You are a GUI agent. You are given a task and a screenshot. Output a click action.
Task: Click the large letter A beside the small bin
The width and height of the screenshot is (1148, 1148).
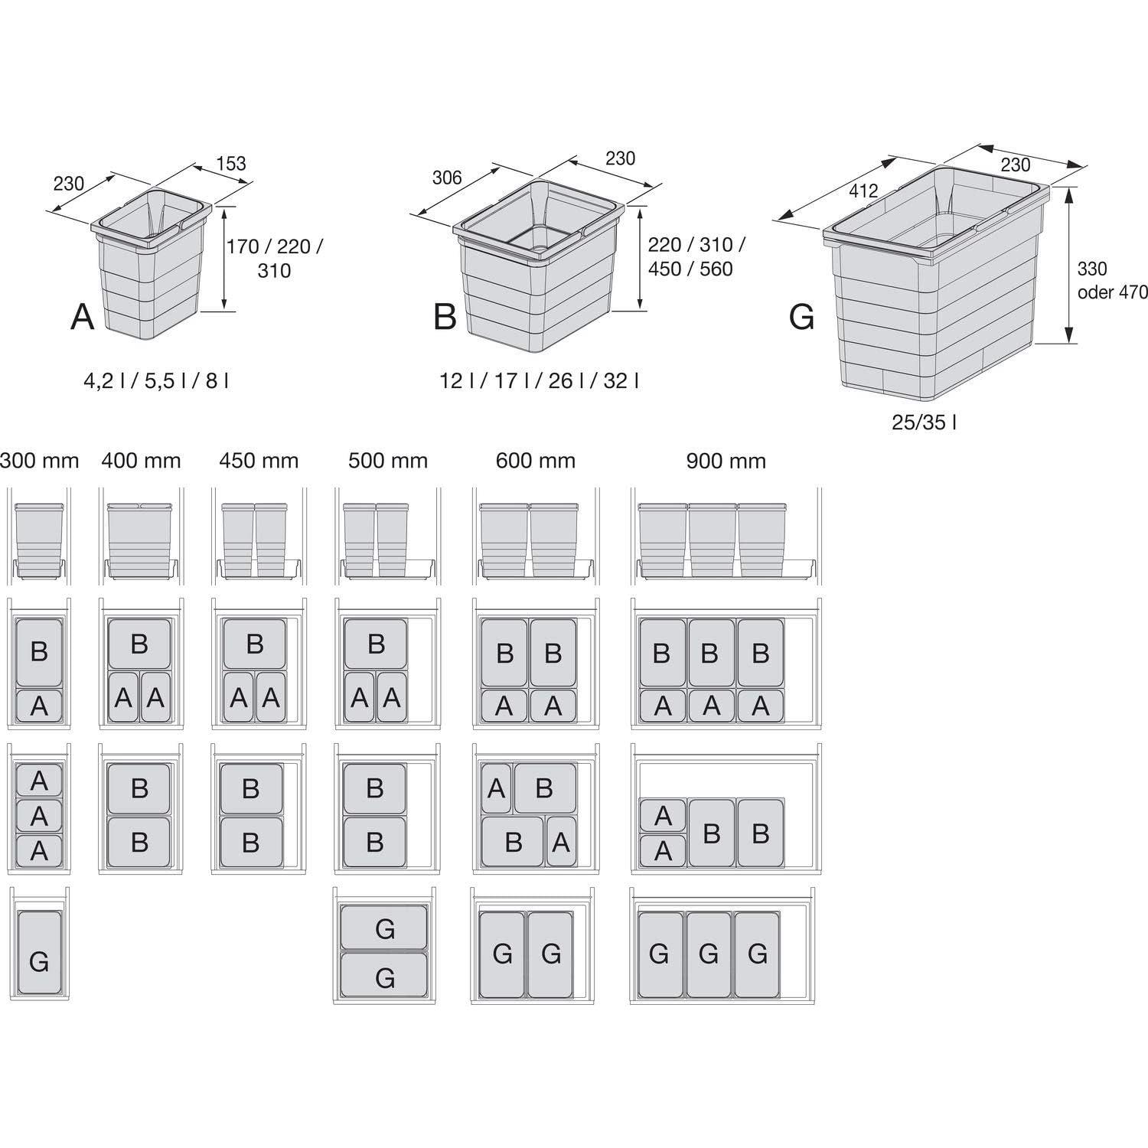coord(83,316)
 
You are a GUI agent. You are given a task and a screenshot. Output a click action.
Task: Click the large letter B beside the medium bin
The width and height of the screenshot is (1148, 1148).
coord(445,316)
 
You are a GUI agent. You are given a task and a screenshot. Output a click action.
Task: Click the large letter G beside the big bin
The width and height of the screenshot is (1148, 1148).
coord(801,316)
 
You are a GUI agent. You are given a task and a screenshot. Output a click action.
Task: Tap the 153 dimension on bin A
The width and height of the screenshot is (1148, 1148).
coord(231,163)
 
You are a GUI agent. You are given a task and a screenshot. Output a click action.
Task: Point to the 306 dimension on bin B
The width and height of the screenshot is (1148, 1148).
coord(447,178)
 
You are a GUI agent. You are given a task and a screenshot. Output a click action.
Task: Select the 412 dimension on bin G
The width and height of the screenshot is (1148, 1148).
coord(863,191)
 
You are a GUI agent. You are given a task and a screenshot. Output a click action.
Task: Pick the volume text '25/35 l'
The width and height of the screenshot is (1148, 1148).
coord(924,422)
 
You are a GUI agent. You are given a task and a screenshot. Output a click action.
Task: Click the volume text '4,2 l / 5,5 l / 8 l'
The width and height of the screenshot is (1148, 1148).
coord(156,380)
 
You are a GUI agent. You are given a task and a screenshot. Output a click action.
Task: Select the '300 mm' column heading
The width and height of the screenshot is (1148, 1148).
coord(39,461)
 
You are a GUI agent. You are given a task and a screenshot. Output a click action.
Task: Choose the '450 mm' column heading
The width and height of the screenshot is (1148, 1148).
coord(259,461)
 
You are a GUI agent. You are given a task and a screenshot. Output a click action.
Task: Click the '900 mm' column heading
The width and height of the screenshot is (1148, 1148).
coord(726,461)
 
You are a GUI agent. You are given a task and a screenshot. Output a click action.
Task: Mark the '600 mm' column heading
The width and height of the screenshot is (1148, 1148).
coord(535,461)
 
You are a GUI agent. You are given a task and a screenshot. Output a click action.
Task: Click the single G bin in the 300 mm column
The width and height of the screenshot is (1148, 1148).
coord(39,953)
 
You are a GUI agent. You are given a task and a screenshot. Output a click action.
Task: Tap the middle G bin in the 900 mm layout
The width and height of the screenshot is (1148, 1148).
coord(709,954)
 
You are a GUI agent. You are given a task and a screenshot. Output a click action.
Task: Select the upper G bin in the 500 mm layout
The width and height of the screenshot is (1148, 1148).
coord(384,928)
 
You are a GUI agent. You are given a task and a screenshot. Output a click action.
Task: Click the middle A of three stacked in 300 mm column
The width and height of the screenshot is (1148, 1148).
coord(39,816)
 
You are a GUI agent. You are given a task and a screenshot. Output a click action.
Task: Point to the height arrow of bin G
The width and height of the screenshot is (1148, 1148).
coord(1070,264)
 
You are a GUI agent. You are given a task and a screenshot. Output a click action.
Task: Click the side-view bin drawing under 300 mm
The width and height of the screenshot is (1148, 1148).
coord(39,540)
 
